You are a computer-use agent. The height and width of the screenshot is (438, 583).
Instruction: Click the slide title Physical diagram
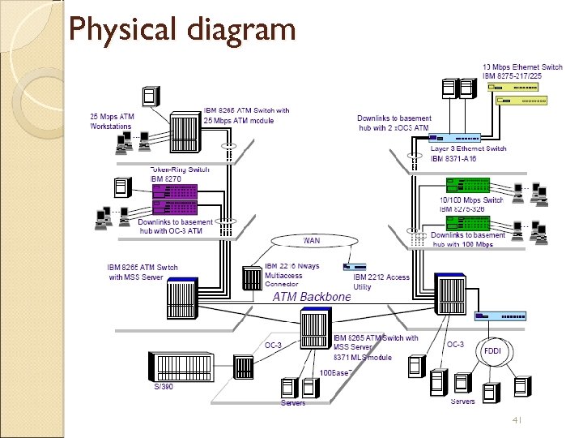(x=182, y=30)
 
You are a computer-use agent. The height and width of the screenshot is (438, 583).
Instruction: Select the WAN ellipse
(x=311, y=241)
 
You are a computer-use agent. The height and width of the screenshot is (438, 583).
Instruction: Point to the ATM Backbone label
(x=312, y=297)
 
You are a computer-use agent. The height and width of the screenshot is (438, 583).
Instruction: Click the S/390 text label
(x=164, y=387)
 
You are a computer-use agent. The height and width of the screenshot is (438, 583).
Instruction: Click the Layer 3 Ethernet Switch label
(x=468, y=154)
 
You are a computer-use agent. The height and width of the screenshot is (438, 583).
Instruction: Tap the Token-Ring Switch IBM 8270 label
(x=180, y=174)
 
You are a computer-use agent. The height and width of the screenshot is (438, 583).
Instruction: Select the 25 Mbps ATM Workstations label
(x=112, y=122)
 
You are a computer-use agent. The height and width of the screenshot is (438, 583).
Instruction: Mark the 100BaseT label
(x=335, y=373)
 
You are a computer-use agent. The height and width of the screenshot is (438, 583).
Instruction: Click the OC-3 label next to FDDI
(x=456, y=344)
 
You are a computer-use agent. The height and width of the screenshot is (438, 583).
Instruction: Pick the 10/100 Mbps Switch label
(x=471, y=204)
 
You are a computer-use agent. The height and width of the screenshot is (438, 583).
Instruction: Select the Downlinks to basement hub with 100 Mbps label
(x=468, y=240)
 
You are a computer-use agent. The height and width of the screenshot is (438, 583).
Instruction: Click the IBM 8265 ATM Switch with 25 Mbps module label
(x=246, y=115)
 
